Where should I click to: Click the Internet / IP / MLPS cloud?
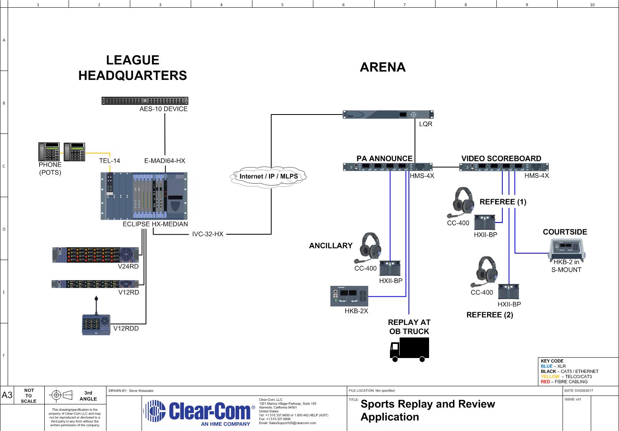(x=268, y=177)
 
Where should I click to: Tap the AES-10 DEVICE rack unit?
(x=145, y=100)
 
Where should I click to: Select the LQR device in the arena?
(x=388, y=115)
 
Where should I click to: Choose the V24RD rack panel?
(x=96, y=255)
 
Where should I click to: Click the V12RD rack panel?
(x=95, y=284)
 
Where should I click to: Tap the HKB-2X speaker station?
(x=349, y=296)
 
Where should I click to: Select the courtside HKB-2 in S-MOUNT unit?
(x=567, y=250)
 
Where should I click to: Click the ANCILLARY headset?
(x=368, y=248)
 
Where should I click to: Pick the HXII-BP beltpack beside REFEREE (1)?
(x=485, y=223)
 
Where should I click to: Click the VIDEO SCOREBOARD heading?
(x=501, y=158)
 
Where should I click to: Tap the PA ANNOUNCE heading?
(x=384, y=158)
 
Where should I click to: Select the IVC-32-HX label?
(x=208, y=234)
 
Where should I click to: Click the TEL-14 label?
(x=109, y=161)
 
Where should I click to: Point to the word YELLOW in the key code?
(x=550, y=377)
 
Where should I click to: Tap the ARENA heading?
(x=383, y=67)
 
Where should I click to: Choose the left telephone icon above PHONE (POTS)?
(x=49, y=152)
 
